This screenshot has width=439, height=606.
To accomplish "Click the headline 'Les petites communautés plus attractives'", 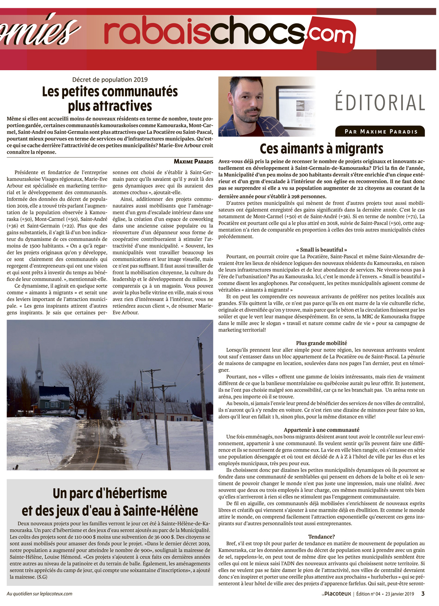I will coord(110,99).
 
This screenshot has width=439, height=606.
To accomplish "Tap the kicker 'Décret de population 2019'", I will coord(110,79).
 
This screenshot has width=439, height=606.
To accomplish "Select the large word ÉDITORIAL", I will coord(380,103).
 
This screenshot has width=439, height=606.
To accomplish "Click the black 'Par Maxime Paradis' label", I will coord(381,131).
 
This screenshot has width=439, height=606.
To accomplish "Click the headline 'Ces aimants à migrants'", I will coord(321,149).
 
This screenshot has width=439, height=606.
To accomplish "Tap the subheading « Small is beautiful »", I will coord(321,250).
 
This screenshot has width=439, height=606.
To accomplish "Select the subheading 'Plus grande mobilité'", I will coord(321,343).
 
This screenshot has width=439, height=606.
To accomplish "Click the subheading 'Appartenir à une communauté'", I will coord(321,430).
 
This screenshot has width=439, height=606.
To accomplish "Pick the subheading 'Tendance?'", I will coord(321,537).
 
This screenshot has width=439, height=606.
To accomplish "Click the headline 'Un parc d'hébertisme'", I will coord(110,493).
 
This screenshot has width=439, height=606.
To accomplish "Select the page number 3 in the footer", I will coord(423,594).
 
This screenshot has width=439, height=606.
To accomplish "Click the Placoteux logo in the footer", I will coord(337,594).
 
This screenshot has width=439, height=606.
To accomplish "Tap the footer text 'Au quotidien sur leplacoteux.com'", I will coord(40,594).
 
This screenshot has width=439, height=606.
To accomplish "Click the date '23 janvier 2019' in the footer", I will coord(400,594).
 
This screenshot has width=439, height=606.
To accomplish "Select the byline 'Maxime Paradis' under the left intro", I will coord(193,161).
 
